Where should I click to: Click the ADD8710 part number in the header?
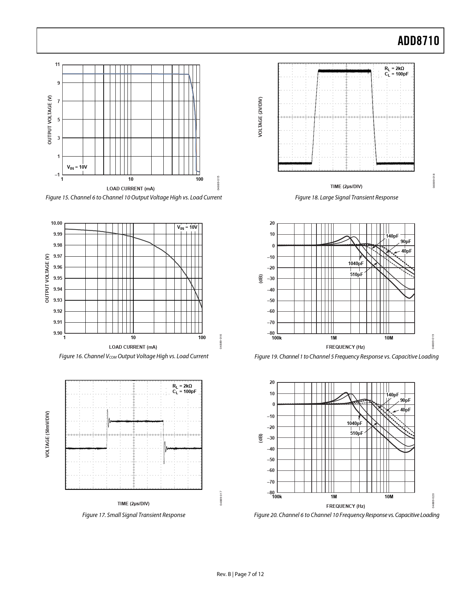click(418, 41)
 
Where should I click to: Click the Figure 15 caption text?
click(134, 198)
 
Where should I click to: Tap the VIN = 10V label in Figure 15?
click(77, 167)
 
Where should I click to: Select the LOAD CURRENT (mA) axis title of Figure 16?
click(133, 347)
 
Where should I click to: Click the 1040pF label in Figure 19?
click(356, 264)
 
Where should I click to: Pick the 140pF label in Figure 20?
click(392, 395)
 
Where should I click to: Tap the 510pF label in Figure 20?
click(356, 433)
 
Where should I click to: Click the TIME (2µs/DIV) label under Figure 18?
click(346, 187)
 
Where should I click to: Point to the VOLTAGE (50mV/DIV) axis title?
click(47, 434)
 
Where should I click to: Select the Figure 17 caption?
click(134, 515)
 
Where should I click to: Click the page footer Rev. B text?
click(224, 574)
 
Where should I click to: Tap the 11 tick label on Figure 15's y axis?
click(57, 65)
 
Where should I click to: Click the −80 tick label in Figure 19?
click(271, 333)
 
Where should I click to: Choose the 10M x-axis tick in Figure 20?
click(389, 497)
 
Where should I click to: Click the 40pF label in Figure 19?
click(406, 251)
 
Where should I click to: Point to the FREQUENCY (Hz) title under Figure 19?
click(345, 347)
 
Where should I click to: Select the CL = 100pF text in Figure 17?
click(184, 392)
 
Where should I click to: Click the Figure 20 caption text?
click(346, 515)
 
